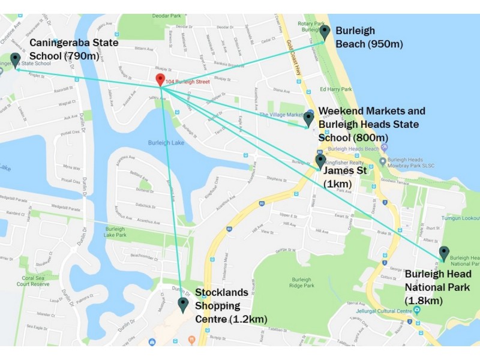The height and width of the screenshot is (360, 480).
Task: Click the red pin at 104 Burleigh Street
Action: (x=160, y=80)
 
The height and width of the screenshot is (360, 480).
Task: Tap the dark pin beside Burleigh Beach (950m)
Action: (x=325, y=32)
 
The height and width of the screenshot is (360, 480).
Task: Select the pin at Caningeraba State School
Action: (x=14, y=59)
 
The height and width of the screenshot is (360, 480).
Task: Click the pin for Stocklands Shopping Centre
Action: (x=183, y=305)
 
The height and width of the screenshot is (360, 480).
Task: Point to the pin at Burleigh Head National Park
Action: (x=443, y=253)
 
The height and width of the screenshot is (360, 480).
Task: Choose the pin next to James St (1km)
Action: (x=320, y=161)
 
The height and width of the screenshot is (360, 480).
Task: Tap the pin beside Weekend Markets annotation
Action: (x=308, y=118)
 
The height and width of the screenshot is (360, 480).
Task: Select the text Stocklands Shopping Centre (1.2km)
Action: (x=231, y=305)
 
